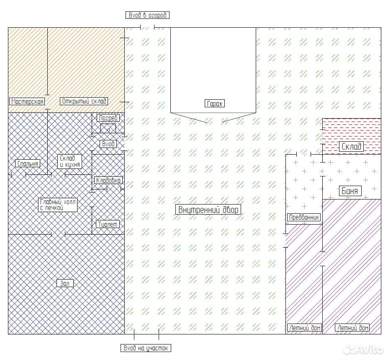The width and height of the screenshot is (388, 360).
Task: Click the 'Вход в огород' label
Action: (147, 15)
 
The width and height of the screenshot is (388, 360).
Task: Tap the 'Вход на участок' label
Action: (146, 348)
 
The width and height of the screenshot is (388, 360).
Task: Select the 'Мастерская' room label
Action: (28, 101)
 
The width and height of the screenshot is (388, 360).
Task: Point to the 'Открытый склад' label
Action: (84, 101)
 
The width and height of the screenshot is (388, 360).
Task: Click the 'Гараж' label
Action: (215, 104)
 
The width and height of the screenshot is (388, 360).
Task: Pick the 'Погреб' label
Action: (108, 118)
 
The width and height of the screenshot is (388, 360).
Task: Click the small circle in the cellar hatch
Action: (108, 130)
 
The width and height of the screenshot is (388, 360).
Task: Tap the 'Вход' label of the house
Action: (108, 144)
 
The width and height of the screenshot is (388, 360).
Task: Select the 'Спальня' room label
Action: (28, 163)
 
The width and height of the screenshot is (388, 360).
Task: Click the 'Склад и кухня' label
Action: (69, 161)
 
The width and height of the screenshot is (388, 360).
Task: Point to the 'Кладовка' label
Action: (108, 180)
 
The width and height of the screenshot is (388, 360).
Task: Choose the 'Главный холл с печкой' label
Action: (58, 205)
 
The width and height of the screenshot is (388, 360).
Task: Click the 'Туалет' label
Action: (108, 224)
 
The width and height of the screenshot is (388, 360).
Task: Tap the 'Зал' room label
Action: (65, 283)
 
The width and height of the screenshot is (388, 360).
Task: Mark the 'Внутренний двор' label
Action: (208, 210)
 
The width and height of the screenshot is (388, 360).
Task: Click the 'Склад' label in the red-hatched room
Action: (351, 146)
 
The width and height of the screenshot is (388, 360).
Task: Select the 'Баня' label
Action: (349, 191)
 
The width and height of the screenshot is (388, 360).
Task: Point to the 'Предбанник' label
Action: (304, 217)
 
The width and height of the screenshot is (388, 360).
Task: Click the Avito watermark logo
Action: (363, 350)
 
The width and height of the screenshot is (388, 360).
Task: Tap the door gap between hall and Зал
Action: (58, 234)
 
